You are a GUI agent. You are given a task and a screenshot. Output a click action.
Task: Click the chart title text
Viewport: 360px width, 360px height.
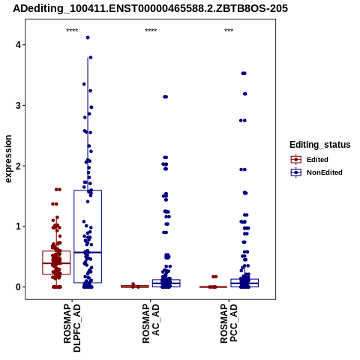click(x=150, y=8)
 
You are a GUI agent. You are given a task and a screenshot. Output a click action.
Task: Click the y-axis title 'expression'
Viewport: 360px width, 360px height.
click(x=8, y=159)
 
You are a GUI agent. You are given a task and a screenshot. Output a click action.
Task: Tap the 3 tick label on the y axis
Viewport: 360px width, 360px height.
click(x=19, y=106)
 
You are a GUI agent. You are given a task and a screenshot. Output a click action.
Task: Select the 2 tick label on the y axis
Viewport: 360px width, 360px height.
click(x=19, y=166)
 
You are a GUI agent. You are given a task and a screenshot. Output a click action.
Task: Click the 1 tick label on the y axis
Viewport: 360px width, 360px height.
click(x=19, y=226)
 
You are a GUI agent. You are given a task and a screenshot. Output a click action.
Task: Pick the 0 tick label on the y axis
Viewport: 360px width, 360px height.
click(x=19, y=287)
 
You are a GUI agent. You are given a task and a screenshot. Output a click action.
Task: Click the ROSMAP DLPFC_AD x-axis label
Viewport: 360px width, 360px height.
click(x=72, y=328)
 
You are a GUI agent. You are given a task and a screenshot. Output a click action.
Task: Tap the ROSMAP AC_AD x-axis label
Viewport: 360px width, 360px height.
click(x=151, y=324)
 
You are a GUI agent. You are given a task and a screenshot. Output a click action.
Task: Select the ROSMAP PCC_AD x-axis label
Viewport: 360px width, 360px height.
click(x=229, y=324)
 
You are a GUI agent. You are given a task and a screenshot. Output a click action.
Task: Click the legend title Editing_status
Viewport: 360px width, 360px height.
click(x=320, y=145)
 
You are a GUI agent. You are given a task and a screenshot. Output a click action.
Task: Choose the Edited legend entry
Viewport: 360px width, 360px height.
click(x=310, y=160)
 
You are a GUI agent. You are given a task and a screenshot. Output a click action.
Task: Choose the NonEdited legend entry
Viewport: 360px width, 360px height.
click(x=316, y=172)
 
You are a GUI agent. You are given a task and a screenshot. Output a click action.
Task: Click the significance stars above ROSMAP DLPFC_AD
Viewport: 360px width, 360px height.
click(x=72, y=31)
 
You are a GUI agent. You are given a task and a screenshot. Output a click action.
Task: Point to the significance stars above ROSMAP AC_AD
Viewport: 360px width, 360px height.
click(x=151, y=31)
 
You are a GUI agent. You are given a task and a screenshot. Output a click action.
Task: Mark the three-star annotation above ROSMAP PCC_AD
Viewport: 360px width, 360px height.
click(x=229, y=31)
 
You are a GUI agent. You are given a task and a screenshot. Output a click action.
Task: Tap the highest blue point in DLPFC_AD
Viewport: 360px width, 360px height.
click(x=88, y=37)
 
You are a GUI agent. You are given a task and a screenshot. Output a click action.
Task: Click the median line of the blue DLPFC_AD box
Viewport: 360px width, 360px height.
click(x=88, y=253)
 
